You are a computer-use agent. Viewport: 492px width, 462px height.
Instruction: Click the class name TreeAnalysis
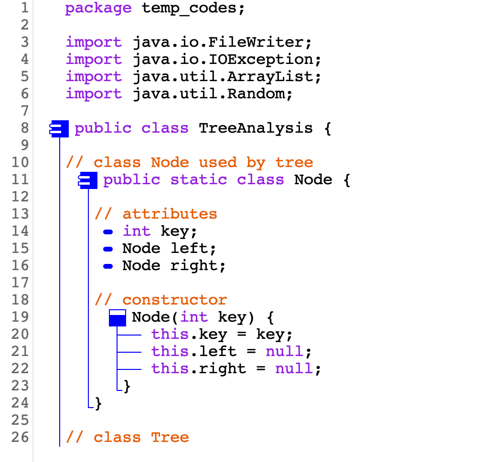pyautogui.click(x=256, y=128)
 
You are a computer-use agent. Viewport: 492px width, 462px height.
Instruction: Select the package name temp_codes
pyautogui.click(x=189, y=8)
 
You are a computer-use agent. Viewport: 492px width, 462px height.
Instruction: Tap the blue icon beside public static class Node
pyautogui.click(x=88, y=180)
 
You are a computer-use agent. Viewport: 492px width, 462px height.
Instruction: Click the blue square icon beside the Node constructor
pyautogui.click(x=117, y=317)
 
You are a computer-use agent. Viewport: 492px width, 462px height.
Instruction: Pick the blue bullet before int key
pyautogui.click(x=108, y=232)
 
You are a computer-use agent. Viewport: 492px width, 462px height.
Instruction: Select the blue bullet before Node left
pyautogui.click(x=108, y=249)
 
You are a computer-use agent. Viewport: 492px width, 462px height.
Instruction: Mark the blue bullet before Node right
pyautogui.click(x=108, y=266)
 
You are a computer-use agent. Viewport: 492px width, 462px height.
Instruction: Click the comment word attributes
pyautogui.click(x=170, y=214)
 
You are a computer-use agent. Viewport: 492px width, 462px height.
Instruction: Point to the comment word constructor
pyautogui.click(x=174, y=300)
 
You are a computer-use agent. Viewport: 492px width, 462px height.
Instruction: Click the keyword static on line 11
pyautogui.click(x=198, y=180)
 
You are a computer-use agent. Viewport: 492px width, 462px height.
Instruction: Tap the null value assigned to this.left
pyautogui.click(x=284, y=352)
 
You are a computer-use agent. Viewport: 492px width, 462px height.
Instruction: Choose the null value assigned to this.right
pyautogui.click(x=294, y=369)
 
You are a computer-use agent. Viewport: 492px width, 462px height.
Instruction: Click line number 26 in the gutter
pyautogui.click(x=20, y=438)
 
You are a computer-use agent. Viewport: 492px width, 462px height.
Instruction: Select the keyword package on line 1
pyautogui.click(x=98, y=8)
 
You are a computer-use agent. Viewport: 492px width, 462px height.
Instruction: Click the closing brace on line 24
pyautogui.click(x=98, y=404)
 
